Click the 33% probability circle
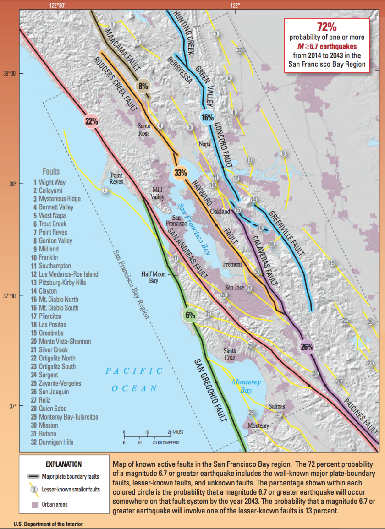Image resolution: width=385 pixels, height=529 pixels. [x=181, y=173]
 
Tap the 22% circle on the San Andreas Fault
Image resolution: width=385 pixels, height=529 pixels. [x=91, y=121]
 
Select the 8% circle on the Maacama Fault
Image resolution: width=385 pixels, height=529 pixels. [x=143, y=86]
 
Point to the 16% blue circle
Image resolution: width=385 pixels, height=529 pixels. [x=207, y=117]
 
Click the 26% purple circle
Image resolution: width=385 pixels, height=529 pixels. [x=307, y=347]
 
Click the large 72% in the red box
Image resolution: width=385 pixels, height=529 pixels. [x=327, y=27]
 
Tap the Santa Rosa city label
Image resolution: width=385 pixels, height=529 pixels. [x=143, y=130]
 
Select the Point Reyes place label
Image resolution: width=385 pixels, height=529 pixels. [x=116, y=179]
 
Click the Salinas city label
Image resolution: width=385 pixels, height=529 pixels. [x=276, y=406]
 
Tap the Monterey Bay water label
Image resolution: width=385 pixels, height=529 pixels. [x=246, y=386]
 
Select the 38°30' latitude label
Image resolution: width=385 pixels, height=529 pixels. [x=9, y=73]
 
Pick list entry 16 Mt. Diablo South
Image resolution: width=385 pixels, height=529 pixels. [x=55, y=308]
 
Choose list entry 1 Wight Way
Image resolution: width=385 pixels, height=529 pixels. [x=49, y=182]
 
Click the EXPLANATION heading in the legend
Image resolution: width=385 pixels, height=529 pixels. [x=64, y=464]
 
